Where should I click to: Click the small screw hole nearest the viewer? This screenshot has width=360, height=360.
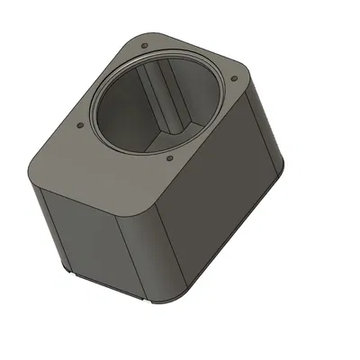(171, 161)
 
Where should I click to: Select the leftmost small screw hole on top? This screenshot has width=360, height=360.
(81, 125)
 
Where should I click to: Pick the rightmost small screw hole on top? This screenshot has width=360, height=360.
(235, 79)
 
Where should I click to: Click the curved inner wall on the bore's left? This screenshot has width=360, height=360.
(112, 112)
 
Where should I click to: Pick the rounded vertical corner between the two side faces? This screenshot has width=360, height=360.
(153, 252)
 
